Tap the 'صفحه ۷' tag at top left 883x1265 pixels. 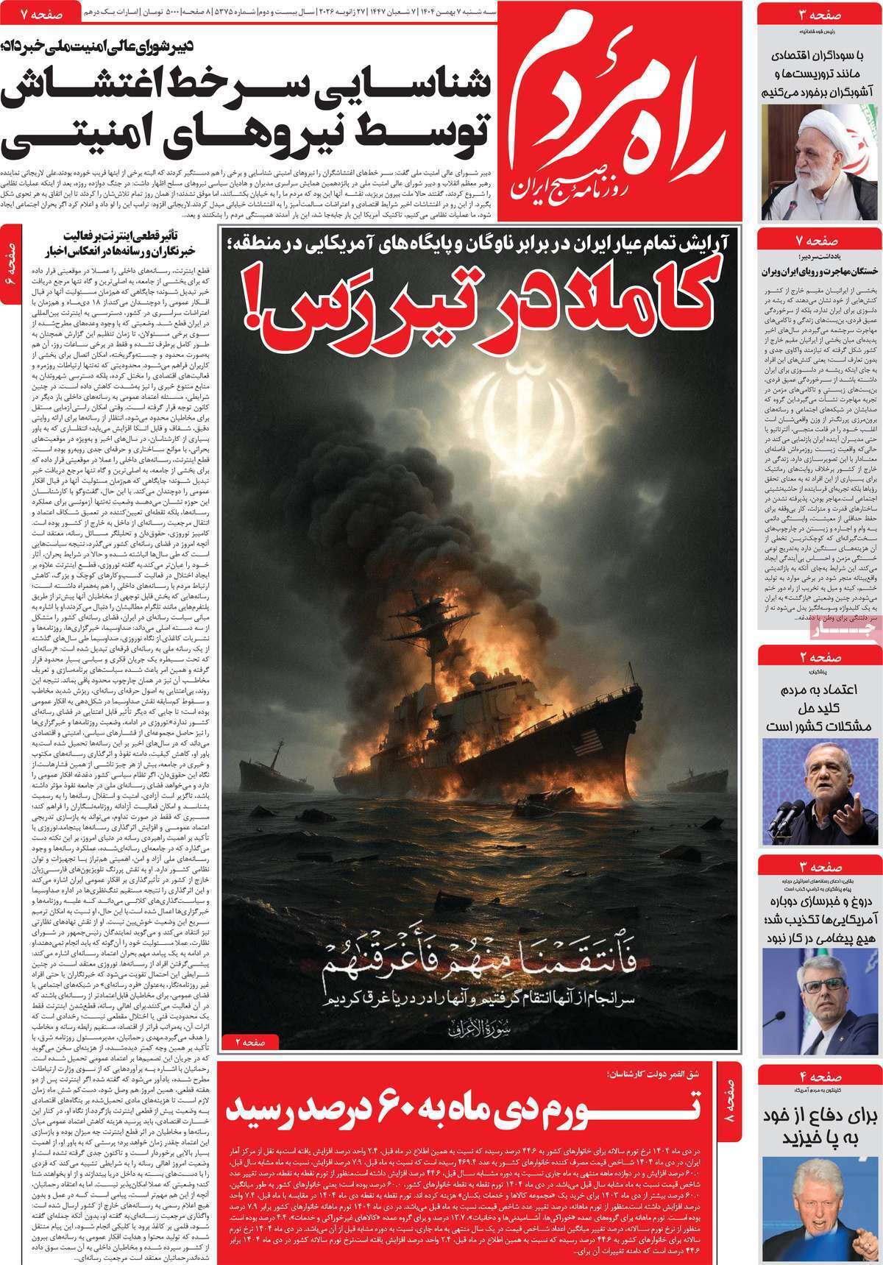(x=29, y=13)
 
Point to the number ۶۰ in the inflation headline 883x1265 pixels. (x=470, y=1108)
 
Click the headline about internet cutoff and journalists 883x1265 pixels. (x=117, y=245)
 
